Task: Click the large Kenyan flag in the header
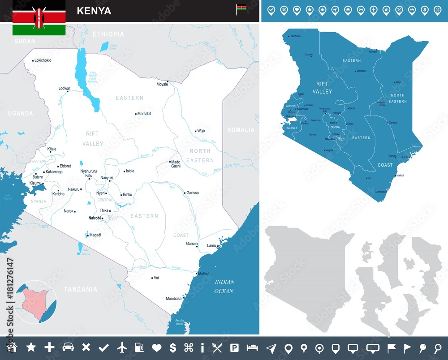click(x=39, y=18)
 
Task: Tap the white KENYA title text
click(x=94, y=11)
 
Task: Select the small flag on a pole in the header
click(x=241, y=9)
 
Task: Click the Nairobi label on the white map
click(x=95, y=218)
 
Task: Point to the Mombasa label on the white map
click(x=174, y=298)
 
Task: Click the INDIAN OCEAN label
click(x=224, y=287)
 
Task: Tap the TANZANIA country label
click(x=81, y=289)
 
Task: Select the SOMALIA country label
click(x=241, y=130)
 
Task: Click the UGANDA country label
click(x=21, y=114)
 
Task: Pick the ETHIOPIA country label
click(x=108, y=34)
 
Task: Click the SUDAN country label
click(x=25, y=41)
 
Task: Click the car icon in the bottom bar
click(x=68, y=347)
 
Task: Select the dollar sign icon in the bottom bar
click(x=173, y=347)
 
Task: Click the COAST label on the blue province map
click(x=385, y=165)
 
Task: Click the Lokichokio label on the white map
click(x=43, y=60)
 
